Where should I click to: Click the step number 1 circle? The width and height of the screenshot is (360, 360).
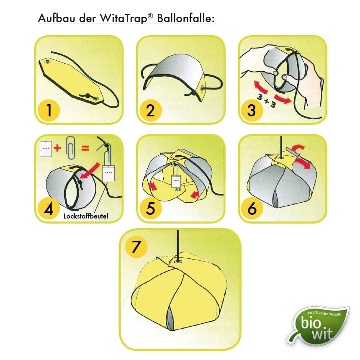49,110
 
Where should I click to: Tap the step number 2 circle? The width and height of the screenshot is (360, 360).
150,110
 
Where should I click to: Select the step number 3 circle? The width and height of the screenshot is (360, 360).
252,110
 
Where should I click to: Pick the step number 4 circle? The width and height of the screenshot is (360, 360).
49,208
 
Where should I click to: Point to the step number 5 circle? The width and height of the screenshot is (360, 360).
150,208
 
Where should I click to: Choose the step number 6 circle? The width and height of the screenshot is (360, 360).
252,208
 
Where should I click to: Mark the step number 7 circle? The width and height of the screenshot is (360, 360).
136,247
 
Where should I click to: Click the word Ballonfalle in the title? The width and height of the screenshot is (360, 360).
186,18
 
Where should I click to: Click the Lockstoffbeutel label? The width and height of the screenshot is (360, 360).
86,216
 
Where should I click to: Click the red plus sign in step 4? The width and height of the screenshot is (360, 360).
57,148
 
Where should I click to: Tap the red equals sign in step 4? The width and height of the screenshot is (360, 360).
85,148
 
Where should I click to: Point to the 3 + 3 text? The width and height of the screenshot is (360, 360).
266,100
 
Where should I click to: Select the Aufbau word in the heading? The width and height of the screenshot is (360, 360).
57,18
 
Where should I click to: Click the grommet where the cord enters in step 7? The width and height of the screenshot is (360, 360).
178,262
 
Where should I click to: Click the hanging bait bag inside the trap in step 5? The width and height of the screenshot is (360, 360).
176,181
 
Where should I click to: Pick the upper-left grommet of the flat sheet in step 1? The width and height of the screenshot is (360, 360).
48,62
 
